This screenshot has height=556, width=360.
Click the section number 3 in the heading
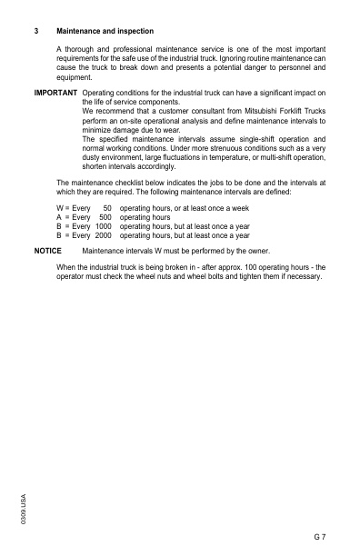35,31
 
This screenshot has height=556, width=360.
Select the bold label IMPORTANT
55,93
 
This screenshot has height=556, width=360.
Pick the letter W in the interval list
60,209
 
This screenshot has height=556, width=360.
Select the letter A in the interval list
59,218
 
